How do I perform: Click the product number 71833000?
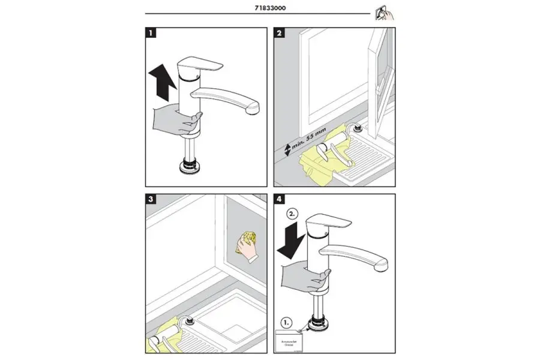pyautogui.click(x=269, y=8)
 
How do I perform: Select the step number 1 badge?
pyautogui.click(x=152, y=34)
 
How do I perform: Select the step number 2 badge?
pyautogui.click(x=280, y=34)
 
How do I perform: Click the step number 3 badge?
pyautogui.click(x=152, y=201)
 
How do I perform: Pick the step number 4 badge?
pyautogui.click(x=280, y=201)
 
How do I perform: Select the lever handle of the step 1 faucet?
pyautogui.click(x=201, y=65)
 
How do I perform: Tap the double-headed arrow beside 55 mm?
pyautogui.click(x=287, y=148)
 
